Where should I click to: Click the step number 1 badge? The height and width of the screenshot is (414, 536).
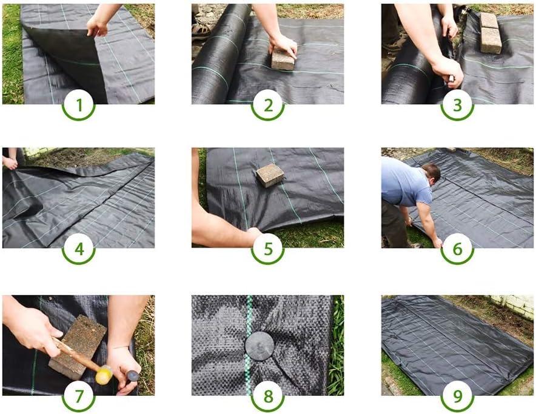[x=79, y=105]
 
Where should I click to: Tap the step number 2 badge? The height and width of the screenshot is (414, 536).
[x=268, y=105]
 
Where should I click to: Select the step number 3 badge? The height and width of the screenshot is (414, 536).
[x=457, y=105]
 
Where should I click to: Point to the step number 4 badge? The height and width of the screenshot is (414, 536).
[x=79, y=249]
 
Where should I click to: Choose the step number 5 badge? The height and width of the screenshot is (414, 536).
[x=268, y=249]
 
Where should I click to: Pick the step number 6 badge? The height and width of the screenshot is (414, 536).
[x=457, y=249]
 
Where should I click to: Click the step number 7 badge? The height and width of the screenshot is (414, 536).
[x=79, y=396]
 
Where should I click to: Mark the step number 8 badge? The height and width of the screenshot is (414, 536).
[x=268, y=396]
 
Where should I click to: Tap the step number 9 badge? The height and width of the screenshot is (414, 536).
[x=457, y=396]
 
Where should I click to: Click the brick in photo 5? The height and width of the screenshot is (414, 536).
[x=270, y=175]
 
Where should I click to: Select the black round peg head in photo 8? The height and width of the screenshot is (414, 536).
[x=260, y=346]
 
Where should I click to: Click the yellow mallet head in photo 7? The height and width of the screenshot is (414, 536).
[x=104, y=375]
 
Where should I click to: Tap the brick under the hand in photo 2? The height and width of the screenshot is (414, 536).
[x=283, y=59]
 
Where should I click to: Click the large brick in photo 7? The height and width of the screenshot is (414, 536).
[x=78, y=347]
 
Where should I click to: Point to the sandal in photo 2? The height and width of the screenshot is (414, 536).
[x=201, y=30]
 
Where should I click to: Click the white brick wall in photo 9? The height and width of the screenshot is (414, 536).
[x=513, y=305]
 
